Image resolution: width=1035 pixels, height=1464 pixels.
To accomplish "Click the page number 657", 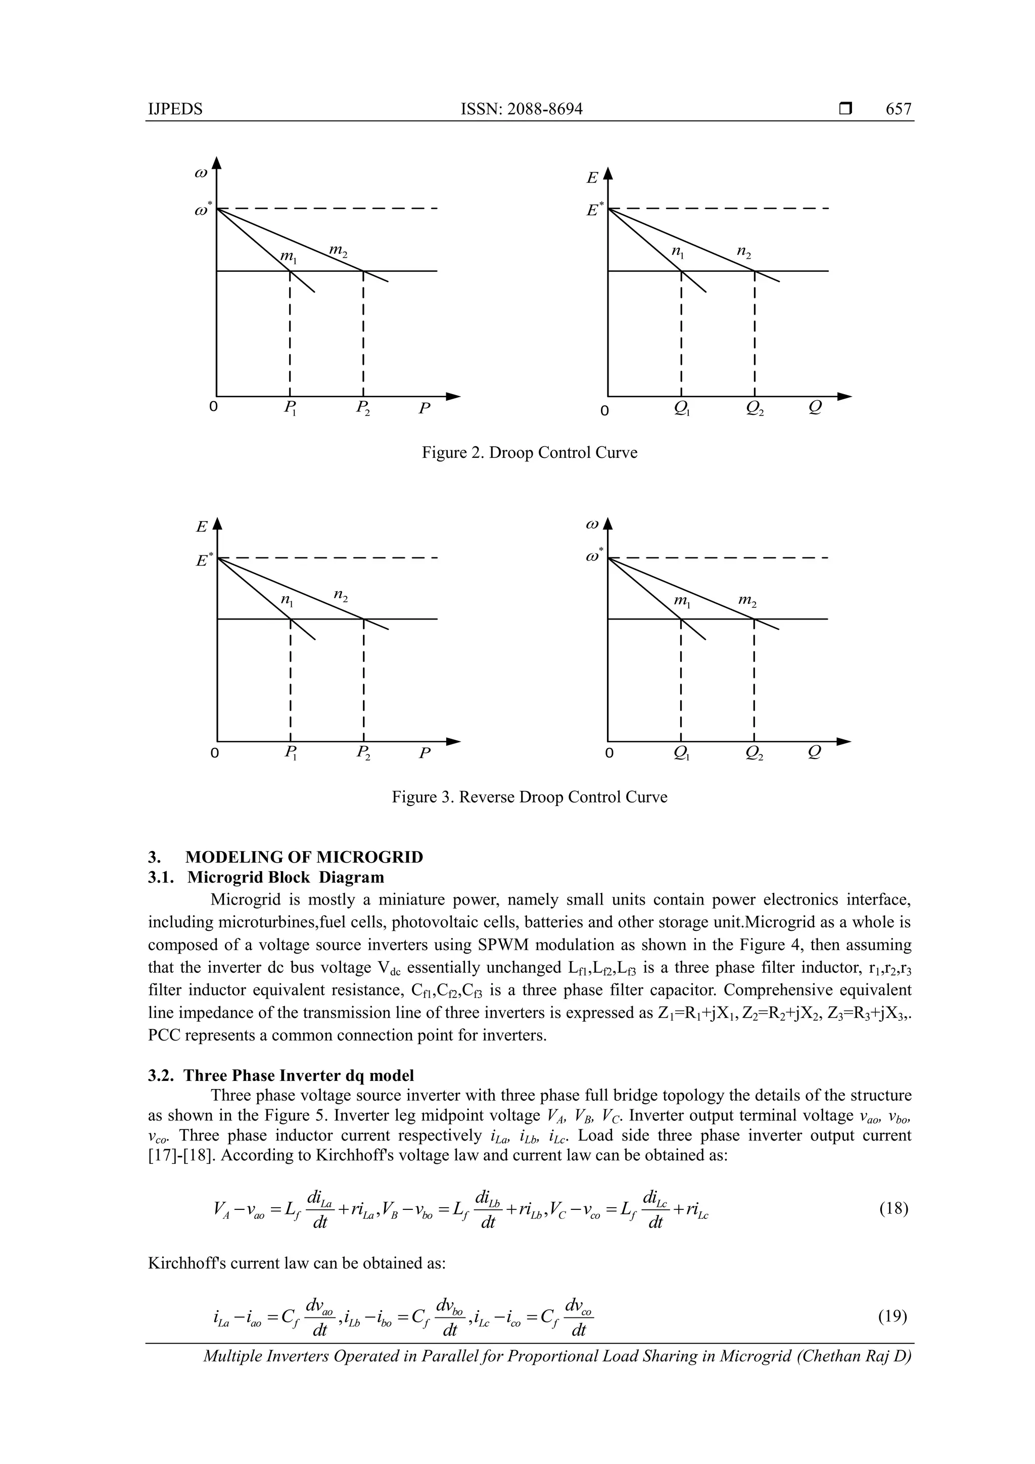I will point(898,109).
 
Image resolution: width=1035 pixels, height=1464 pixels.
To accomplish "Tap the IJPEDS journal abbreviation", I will point(175,109).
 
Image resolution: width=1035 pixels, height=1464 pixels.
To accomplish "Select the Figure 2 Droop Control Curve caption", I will point(529,453).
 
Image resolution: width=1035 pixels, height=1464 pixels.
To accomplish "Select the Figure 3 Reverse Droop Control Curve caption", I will point(529,797).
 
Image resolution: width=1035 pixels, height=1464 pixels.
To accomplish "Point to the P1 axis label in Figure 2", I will point(291,408).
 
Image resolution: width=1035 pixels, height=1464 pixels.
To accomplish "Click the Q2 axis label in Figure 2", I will point(755,408).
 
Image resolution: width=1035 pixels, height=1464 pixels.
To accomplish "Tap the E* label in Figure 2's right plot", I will point(594,209).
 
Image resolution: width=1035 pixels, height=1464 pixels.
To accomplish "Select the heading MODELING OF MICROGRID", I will point(304,857).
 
